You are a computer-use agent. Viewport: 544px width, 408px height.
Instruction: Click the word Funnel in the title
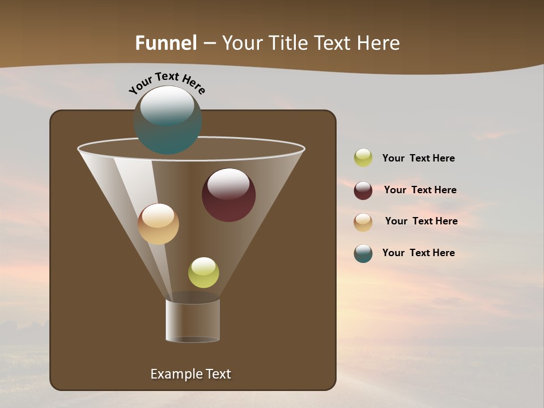[x=165, y=43]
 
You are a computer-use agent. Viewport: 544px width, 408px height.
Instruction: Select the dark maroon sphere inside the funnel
[x=228, y=195]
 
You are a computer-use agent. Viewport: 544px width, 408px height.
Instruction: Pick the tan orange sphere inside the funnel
[x=158, y=224]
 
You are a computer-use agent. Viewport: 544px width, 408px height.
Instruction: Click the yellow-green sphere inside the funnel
[x=203, y=273]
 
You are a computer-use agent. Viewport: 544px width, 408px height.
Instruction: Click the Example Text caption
[x=190, y=374]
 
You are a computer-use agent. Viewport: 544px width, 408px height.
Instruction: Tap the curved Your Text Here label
[x=167, y=82]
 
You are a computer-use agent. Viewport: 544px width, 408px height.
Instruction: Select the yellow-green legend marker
[x=363, y=158]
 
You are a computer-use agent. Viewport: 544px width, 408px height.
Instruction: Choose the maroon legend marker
[x=363, y=190]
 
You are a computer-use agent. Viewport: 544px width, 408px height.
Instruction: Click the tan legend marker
[x=363, y=222]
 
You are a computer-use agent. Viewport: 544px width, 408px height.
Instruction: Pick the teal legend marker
[x=363, y=253]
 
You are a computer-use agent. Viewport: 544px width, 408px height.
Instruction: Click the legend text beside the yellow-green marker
[x=418, y=158]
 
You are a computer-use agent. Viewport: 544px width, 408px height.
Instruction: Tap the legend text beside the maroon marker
[x=420, y=190]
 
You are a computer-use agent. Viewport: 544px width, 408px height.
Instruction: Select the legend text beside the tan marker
[x=421, y=221]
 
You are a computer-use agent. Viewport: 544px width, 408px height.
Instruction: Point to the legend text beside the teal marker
[x=418, y=253]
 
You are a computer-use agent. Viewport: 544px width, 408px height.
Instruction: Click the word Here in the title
[x=379, y=43]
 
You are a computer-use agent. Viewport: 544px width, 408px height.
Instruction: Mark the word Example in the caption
[x=174, y=374]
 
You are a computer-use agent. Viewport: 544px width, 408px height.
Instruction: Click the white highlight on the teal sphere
[x=167, y=105]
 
